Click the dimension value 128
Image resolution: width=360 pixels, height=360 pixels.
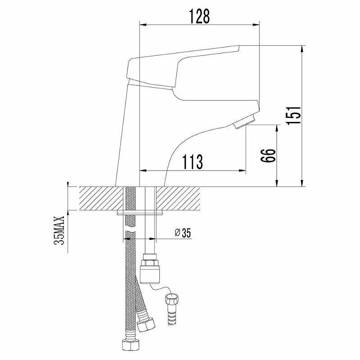point(199,16)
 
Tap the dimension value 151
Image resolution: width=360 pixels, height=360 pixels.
point(293,116)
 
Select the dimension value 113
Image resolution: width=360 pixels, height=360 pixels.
point(193,162)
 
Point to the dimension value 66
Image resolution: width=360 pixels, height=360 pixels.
point(269,156)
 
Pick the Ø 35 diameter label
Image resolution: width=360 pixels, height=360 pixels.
point(183,233)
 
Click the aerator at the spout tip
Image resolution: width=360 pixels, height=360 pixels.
point(244,121)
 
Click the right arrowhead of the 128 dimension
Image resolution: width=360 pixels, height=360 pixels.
point(256,25)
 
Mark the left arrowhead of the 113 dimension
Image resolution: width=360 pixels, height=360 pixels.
point(143,171)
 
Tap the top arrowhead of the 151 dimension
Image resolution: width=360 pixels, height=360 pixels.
point(302,49)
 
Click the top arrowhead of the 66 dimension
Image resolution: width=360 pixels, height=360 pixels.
point(277,128)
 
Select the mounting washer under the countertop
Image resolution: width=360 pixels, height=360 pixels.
point(139,213)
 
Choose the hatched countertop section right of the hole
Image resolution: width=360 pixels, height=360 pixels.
point(178,198)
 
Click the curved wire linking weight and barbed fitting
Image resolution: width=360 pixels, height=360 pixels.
point(161,288)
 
